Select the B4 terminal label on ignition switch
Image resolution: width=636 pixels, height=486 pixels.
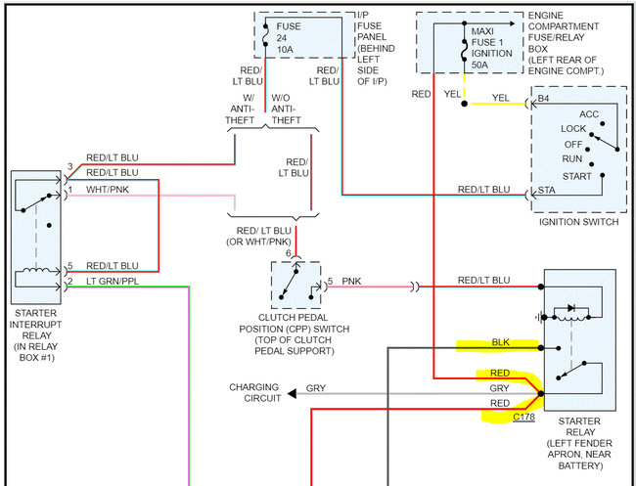pyautogui.click(x=544, y=99)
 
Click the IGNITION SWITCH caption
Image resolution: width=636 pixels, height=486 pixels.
pyautogui.click(x=578, y=222)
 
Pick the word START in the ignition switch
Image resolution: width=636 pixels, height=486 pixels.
pyautogui.click(x=578, y=176)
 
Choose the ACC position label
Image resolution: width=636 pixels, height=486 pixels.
pyautogui.click(x=588, y=114)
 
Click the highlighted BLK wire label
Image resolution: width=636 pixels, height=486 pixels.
pyautogui.click(x=500, y=344)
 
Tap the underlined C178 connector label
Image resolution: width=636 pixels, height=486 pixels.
pyautogui.click(x=524, y=418)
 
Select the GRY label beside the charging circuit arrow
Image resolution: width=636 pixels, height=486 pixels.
pyautogui.click(x=316, y=388)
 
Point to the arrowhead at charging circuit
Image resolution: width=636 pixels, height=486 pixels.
pyautogui.click(x=290, y=397)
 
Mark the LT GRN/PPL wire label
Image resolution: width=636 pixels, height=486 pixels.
pyautogui.click(x=113, y=282)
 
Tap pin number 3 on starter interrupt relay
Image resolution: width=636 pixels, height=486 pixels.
pyautogui.click(x=69, y=166)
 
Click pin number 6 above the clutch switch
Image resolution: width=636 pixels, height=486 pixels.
pyautogui.click(x=289, y=254)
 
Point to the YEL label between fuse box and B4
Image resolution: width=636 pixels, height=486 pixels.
pyautogui.click(x=500, y=98)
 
